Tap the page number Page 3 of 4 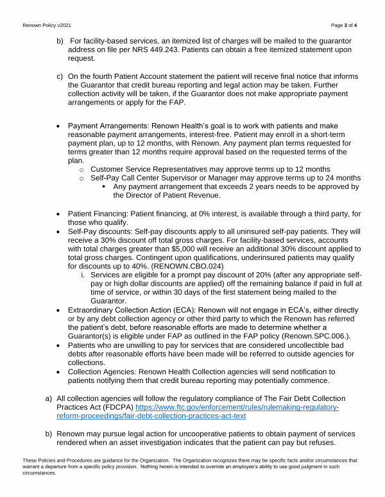[348, 24]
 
